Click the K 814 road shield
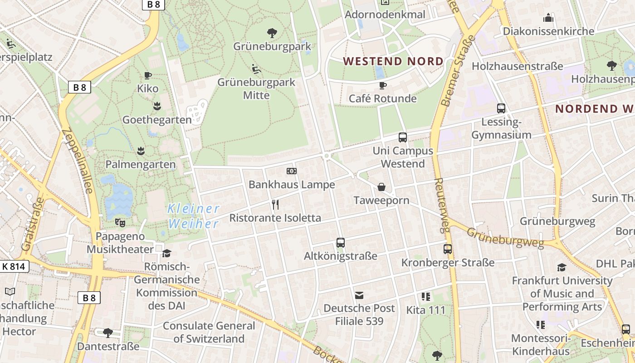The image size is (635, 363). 14,266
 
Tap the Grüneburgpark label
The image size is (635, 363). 272,46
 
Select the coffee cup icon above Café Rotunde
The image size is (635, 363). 382,85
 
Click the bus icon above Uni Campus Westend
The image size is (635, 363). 402,137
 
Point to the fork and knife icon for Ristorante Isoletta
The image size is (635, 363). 275,205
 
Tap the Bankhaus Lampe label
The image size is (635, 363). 292,185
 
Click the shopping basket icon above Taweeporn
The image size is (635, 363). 381,187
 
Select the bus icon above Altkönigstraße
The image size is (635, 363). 341,243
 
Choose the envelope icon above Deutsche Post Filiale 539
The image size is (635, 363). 359,296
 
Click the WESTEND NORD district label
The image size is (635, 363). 393,61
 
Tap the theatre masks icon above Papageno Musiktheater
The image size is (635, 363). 120,222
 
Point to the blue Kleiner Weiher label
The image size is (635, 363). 194,216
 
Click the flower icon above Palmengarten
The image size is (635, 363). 141,150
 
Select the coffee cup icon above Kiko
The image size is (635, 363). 147,75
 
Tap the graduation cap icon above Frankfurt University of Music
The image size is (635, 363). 562,267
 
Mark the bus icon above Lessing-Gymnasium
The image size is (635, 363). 501,108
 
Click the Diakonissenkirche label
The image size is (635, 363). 548,31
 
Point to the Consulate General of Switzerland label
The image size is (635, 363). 209,332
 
